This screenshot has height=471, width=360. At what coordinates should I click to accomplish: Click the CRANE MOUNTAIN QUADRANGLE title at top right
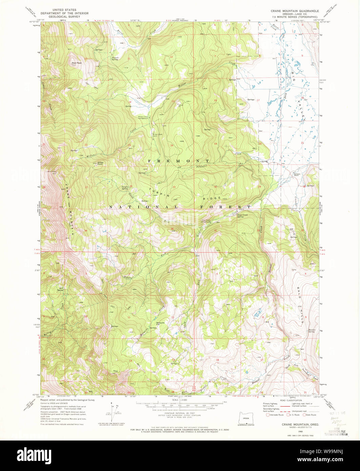pyautogui.click(x=295, y=11)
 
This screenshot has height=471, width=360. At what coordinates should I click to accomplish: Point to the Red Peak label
pyautogui.click(x=77, y=63)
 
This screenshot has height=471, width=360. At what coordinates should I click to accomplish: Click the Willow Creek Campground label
pyautogui.click(x=143, y=118)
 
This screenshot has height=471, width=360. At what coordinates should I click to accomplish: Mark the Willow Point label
pyautogui.click(x=100, y=163)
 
